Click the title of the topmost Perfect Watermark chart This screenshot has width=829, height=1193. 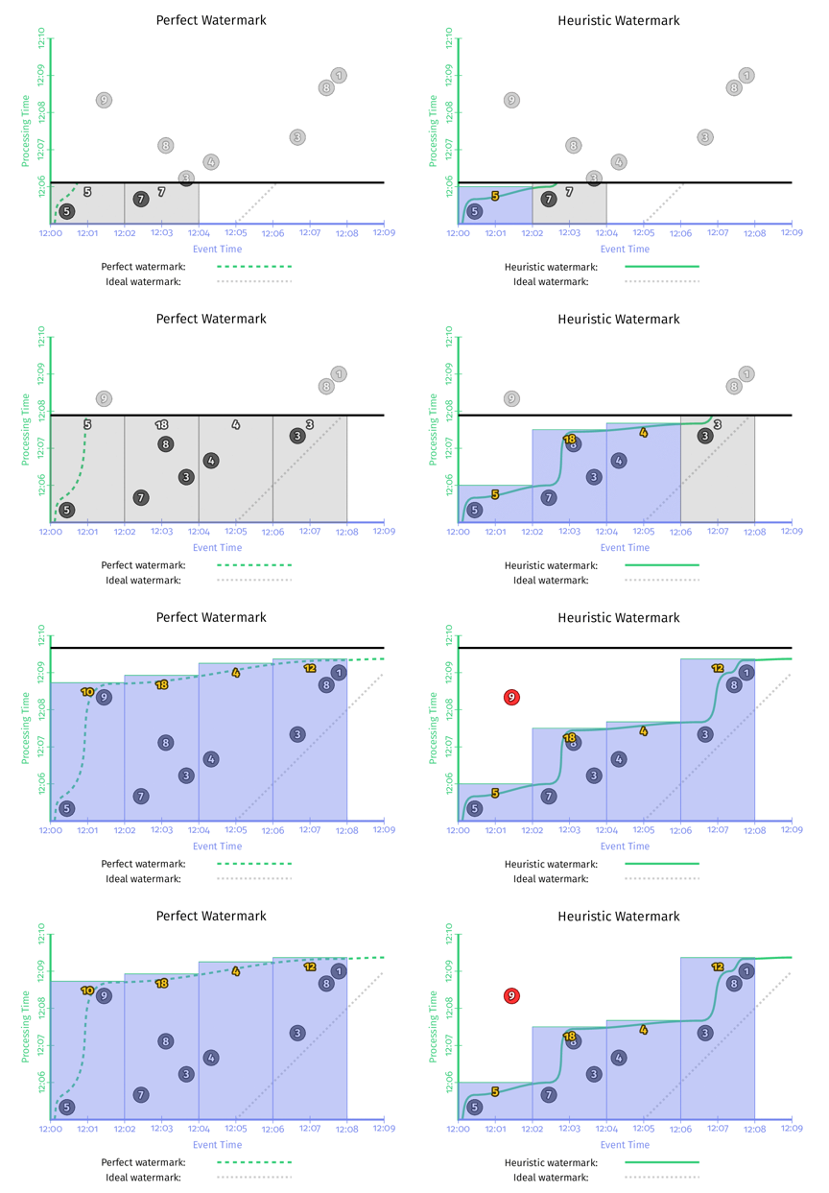pyautogui.click(x=211, y=20)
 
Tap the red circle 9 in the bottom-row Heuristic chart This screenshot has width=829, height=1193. pyautogui.click(x=511, y=996)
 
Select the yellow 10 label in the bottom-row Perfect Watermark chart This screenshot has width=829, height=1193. pyautogui.click(x=87, y=990)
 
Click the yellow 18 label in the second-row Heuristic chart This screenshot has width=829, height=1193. pyautogui.click(x=569, y=439)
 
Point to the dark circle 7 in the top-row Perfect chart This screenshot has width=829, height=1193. pyautogui.click(x=141, y=200)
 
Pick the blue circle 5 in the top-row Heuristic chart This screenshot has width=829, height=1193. pyautogui.click(x=474, y=211)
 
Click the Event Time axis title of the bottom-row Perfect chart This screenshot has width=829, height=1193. pyautogui.click(x=217, y=1144)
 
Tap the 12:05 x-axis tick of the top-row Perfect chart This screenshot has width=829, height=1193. pyautogui.click(x=235, y=232)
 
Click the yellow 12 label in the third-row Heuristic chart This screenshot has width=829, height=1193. pyautogui.click(x=718, y=668)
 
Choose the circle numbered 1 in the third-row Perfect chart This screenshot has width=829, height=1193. pyautogui.click(x=339, y=673)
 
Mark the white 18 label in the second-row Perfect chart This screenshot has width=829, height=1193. pyautogui.click(x=161, y=424)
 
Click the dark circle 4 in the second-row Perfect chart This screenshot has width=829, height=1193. pyautogui.click(x=211, y=461)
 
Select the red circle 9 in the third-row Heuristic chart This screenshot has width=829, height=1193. pyautogui.click(x=511, y=697)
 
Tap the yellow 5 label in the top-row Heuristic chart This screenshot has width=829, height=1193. pyautogui.click(x=495, y=196)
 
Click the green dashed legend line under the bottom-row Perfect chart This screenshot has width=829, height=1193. pyautogui.click(x=254, y=1161)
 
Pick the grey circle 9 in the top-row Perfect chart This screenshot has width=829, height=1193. pyautogui.click(x=104, y=100)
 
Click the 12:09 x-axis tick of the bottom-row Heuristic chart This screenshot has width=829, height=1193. pyautogui.click(x=791, y=1128)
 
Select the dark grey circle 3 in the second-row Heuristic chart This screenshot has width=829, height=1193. pyautogui.click(x=705, y=436)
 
